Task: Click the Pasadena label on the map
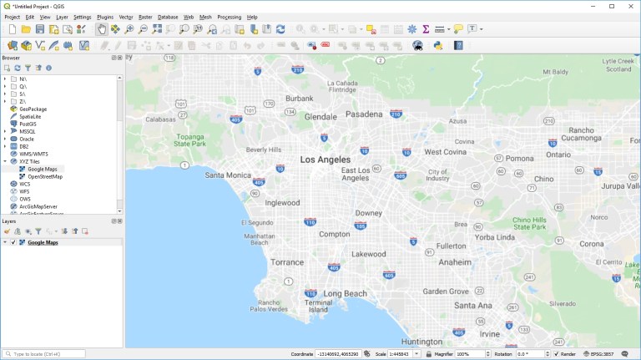364,114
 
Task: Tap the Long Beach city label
344,294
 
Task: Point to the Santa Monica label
228,175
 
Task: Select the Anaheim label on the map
455,261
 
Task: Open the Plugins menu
105,17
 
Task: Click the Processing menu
229,17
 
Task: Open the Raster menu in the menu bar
145,17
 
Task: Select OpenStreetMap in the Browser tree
45,176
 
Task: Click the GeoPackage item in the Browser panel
33,109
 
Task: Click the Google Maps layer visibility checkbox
13,242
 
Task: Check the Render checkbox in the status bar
557,354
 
